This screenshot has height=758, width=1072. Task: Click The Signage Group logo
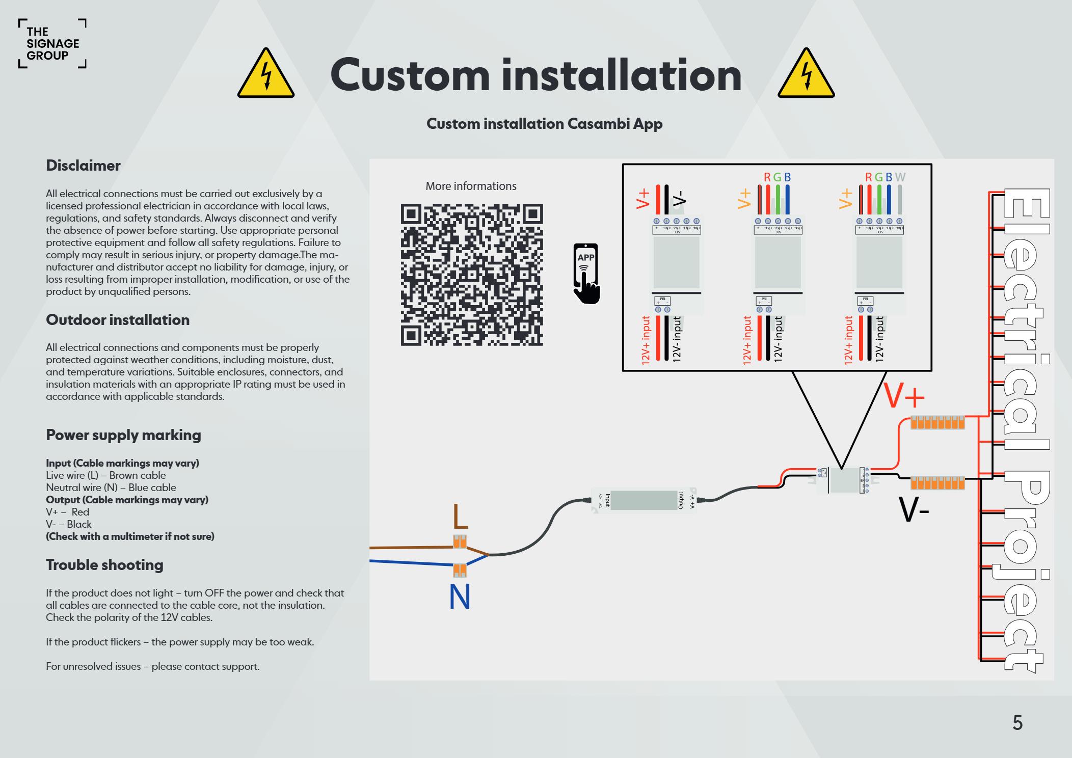click(52, 44)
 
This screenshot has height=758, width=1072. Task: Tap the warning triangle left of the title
click(265, 74)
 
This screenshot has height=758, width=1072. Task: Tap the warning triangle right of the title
click(806, 74)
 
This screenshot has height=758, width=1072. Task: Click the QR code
click(472, 275)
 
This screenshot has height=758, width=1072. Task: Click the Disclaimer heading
click(83, 166)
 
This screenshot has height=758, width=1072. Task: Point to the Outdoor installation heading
click(118, 320)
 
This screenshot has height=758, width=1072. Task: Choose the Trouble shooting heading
click(104, 565)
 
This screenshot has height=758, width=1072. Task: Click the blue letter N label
click(460, 597)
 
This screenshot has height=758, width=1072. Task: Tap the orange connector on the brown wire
click(460, 542)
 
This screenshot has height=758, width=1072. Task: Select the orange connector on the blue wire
click(460, 570)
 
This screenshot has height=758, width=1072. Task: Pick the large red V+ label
click(904, 396)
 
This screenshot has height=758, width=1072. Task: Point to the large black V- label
click(914, 509)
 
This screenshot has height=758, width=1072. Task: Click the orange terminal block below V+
click(937, 423)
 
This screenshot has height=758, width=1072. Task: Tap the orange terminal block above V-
click(937, 482)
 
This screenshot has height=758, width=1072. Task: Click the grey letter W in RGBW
click(900, 177)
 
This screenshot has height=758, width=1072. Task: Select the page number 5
click(1017, 723)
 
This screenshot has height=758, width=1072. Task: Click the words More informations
click(471, 186)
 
